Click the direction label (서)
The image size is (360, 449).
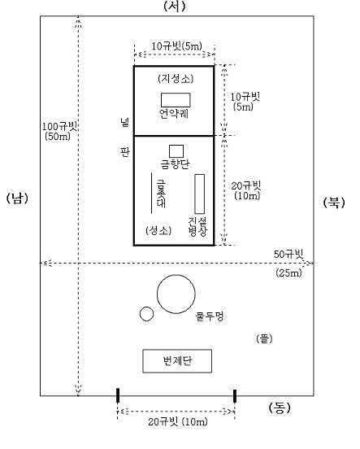click(175, 6)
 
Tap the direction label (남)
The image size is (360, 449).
click(17, 198)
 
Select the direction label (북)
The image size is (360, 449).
click(334, 203)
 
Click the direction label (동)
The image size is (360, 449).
click(280, 408)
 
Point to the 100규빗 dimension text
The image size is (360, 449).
click(59, 127)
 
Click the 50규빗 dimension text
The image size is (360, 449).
click(288, 254)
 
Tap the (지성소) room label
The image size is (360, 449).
click(176, 78)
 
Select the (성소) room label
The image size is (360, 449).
click(158, 230)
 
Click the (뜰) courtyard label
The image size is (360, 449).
click(264, 338)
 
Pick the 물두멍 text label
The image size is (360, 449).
click(210, 316)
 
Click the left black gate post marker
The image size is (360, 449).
click(118, 395)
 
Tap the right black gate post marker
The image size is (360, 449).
click(235, 396)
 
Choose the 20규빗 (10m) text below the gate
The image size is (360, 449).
click(178, 422)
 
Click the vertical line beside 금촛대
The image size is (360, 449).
click(151, 193)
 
